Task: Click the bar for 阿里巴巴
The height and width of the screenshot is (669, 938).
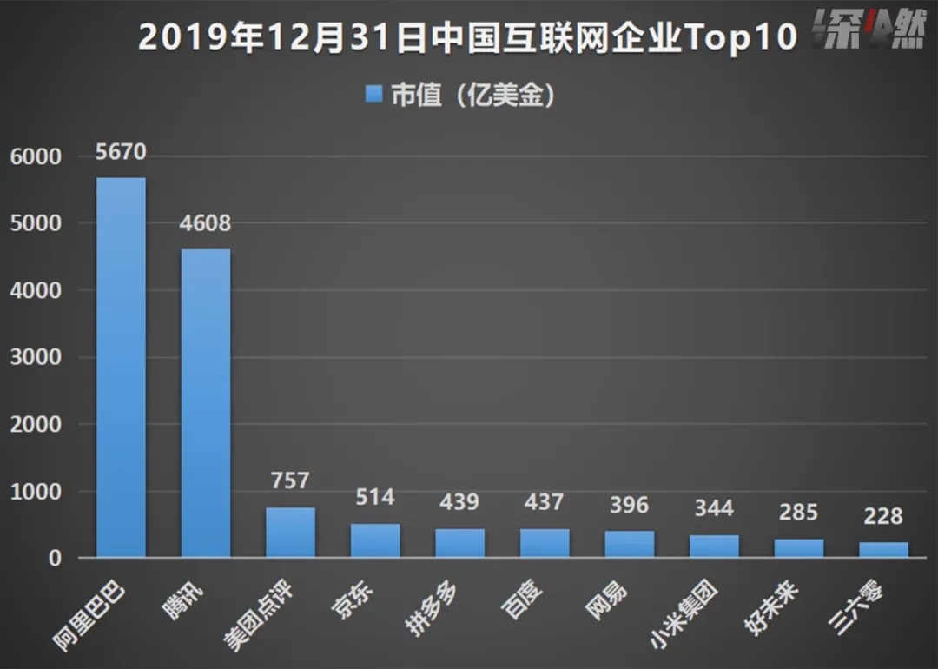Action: click(121, 367)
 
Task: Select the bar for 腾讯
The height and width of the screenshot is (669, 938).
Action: click(206, 403)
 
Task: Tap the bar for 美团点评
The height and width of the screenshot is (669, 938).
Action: click(290, 532)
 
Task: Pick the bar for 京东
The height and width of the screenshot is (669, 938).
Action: click(375, 540)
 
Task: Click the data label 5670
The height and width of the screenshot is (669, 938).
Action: click(121, 153)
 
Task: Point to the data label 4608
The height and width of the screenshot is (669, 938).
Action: click(206, 224)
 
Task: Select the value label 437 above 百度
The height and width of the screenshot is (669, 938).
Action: click(545, 502)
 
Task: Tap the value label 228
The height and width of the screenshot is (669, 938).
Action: click(883, 516)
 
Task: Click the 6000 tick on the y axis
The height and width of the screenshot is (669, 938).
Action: click(36, 156)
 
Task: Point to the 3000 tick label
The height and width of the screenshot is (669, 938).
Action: click(36, 357)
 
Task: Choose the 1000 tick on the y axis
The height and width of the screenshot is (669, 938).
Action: click(36, 491)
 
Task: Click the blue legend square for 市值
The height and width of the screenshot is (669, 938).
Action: click(374, 95)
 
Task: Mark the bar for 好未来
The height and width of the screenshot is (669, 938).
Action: click(799, 547)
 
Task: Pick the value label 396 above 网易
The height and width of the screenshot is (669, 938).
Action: click(629, 506)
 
